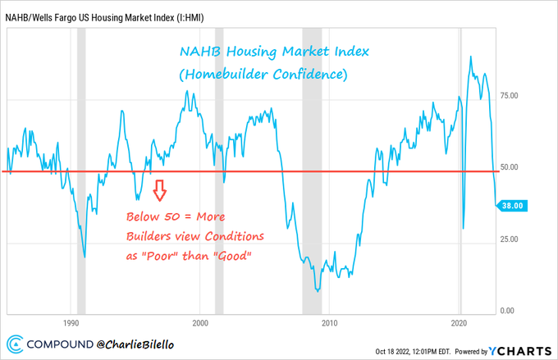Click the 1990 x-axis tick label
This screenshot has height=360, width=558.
[x=71, y=324]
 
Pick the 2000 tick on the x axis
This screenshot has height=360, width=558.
[x=200, y=324]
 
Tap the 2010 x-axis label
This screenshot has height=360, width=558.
[x=330, y=324]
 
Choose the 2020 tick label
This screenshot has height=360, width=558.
[x=460, y=324]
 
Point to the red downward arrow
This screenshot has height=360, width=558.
[x=160, y=190]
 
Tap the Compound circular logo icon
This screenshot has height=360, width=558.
[x=15, y=344]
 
